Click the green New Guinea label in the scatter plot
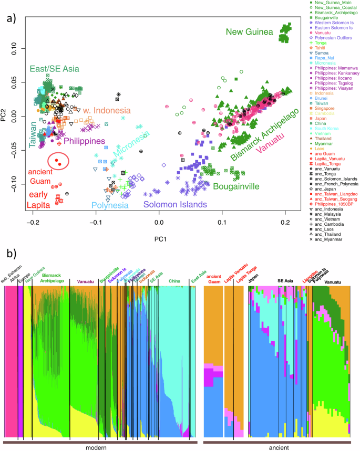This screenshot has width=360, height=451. tap(250, 33)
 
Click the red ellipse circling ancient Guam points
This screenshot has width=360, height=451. tap(58, 161)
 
